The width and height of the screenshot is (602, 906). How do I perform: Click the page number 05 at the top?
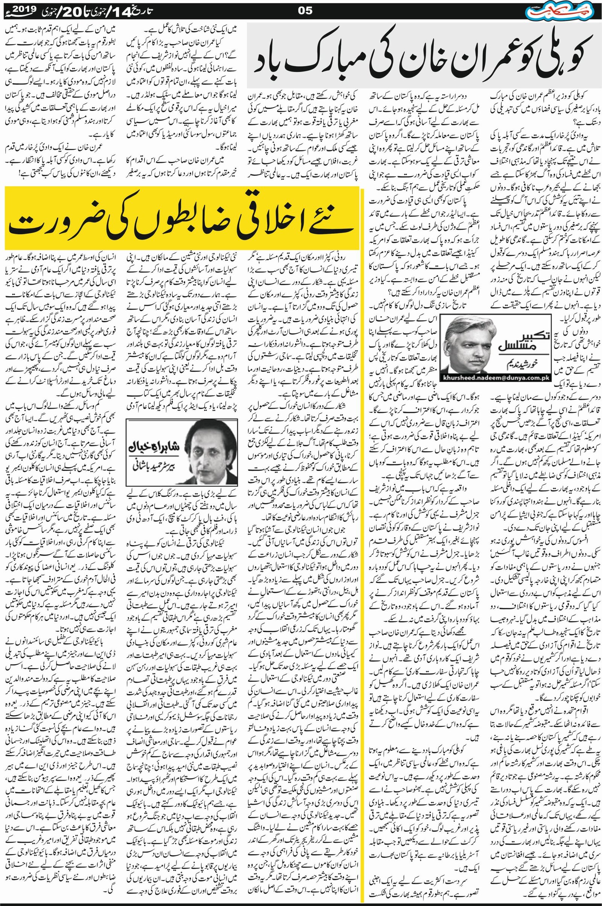point(306,11)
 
